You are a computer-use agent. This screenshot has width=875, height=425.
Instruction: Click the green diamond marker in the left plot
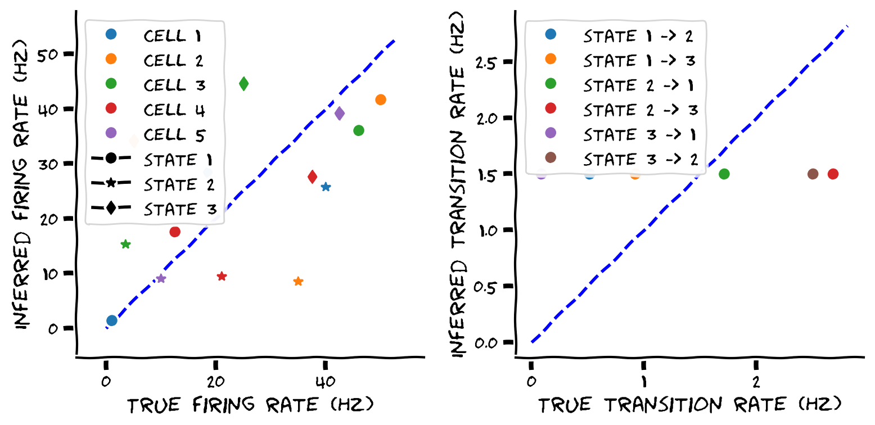[243, 84]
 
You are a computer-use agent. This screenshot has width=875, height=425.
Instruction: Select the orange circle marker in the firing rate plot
[381, 100]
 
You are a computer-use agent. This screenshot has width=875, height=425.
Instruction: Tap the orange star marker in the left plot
[299, 281]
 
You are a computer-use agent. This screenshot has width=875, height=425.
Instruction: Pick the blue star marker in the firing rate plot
[326, 187]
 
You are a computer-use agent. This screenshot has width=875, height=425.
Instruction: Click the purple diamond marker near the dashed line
[340, 114]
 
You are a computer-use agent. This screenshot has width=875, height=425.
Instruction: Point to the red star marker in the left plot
[222, 276]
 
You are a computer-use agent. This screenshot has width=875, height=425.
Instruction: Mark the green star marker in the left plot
[126, 244]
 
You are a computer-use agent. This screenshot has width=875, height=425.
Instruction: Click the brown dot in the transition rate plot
[813, 174]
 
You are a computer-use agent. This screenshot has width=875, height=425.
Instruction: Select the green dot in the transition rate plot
[724, 174]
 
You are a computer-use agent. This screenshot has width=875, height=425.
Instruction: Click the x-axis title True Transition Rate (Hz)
[690, 406]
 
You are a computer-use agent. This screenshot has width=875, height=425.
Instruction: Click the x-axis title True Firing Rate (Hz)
[250, 406]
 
